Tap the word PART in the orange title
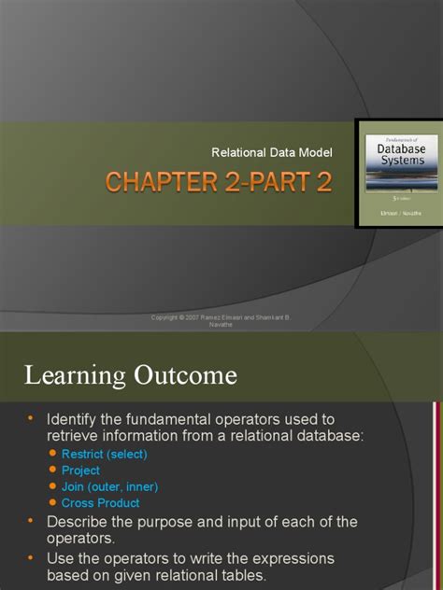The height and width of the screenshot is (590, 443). click(272, 182)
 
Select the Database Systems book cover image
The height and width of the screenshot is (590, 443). click(395, 172)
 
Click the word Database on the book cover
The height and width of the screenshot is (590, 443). click(394, 147)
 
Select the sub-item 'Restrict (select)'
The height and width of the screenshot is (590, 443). click(105, 455)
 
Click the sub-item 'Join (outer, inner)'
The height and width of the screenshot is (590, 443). click(109, 486)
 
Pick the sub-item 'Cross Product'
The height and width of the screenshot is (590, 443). click(100, 503)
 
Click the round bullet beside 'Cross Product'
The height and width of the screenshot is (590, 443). click(52, 503)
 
